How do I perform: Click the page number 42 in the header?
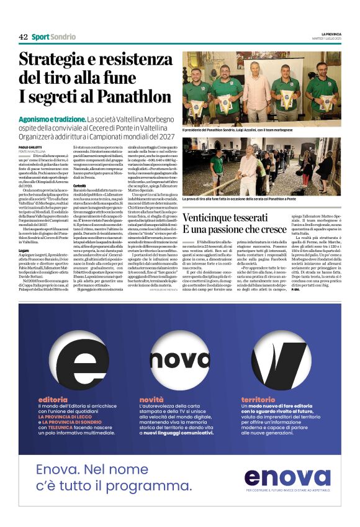coord(23,37)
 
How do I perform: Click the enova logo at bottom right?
coord(287,477)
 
